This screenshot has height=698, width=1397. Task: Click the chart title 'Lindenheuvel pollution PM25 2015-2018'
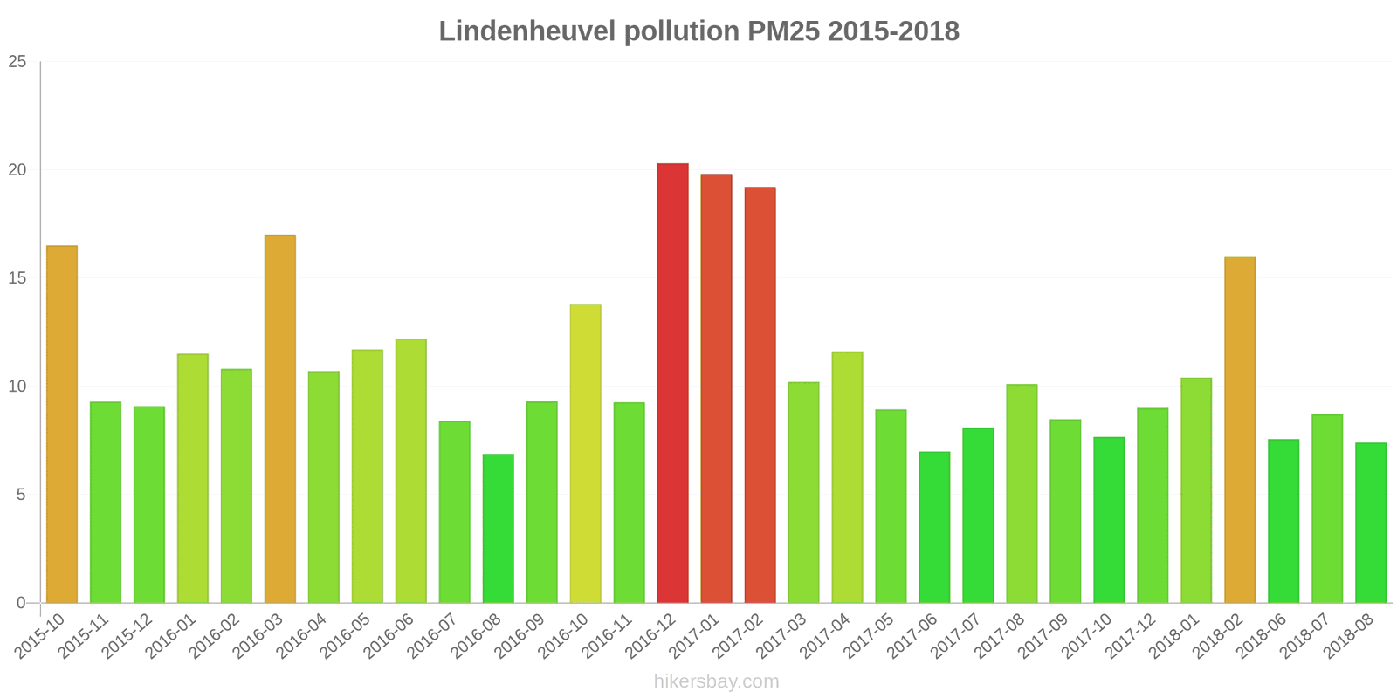tap(698, 31)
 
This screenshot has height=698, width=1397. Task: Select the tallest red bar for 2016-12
tap(672, 384)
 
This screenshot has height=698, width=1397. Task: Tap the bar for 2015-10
tap(62, 425)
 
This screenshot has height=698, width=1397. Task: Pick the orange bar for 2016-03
tap(280, 419)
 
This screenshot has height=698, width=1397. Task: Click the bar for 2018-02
tap(1240, 430)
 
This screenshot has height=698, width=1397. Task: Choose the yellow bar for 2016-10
tap(585, 454)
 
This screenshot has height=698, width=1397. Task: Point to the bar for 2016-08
tap(498, 529)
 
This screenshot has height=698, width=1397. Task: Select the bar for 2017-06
tap(934, 528)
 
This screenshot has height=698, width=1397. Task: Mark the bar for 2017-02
tap(760, 395)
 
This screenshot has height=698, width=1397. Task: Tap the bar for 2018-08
tap(1371, 523)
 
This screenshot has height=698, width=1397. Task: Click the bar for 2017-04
tap(847, 477)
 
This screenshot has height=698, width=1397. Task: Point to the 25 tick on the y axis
tap(17, 62)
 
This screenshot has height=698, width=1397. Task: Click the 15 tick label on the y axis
tap(17, 278)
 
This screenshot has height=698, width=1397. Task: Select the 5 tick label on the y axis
tap(21, 495)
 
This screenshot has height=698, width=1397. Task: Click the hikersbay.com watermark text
tap(716, 681)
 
